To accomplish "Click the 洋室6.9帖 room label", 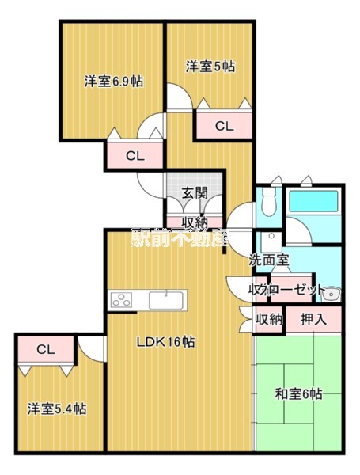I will coord(113,81).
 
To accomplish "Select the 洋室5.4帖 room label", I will coord(58,409).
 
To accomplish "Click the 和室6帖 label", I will coord(298,393).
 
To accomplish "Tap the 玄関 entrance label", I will coord(194,192).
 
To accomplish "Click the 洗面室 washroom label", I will coord(269,260).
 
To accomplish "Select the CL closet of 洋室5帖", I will coord(224,125).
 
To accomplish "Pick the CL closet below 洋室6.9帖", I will coord(135,156).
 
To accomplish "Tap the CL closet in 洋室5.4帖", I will coord(46,349).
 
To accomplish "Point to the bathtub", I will coord(313,203).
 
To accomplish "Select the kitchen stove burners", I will coord(126,300).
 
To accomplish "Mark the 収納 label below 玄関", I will coord(194,222).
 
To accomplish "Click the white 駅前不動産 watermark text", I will coord(179,238).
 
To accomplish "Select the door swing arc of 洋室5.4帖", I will coord(89,348).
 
